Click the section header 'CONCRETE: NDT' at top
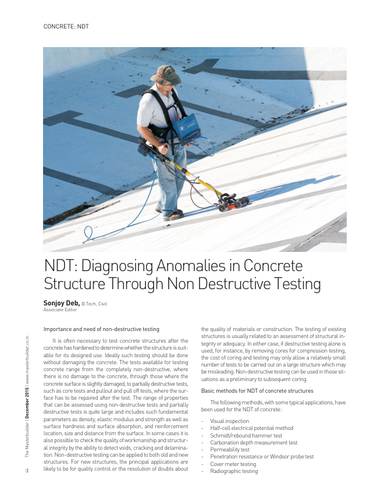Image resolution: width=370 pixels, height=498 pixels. pos(66,27)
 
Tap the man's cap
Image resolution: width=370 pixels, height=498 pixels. pos(165,74)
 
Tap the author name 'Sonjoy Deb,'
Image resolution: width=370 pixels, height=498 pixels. pos(61,303)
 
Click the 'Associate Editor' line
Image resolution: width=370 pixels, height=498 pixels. pos(60,310)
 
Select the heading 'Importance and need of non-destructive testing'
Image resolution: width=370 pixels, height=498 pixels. pos(101,329)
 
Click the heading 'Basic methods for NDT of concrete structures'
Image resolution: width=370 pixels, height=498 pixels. pos(257,390)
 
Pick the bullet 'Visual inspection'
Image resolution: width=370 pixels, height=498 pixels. pos(229,421)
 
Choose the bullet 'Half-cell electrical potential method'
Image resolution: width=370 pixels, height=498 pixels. pos(251,428)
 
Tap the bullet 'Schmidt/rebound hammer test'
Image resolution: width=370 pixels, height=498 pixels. pos(246,435)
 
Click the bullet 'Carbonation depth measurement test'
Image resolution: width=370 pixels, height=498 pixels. pos(254,442)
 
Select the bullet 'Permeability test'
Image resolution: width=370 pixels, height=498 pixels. pos(230,450)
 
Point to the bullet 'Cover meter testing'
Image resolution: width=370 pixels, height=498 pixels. pos(233,464)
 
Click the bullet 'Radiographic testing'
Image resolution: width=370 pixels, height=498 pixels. pos(234,471)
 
